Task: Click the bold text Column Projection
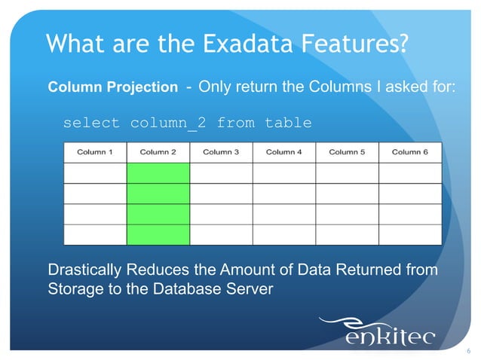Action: pyautogui.click(x=113, y=87)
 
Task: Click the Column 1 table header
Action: pyautogui.click(x=95, y=151)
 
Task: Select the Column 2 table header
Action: pyautogui.click(x=158, y=151)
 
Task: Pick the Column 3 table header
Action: pyautogui.click(x=221, y=151)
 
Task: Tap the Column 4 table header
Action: pyautogui.click(x=284, y=151)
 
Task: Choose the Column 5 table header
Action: pyautogui.click(x=347, y=151)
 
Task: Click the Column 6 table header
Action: pyautogui.click(x=409, y=151)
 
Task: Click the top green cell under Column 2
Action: pyautogui.click(x=158, y=173)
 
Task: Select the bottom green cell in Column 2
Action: pyautogui.click(x=158, y=234)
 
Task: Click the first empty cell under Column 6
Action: pyautogui.click(x=409, y=173)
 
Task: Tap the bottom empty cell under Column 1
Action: pyautogui.click(x=95, y=234)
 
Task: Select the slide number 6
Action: pyautogui.click(x=468, y=351)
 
